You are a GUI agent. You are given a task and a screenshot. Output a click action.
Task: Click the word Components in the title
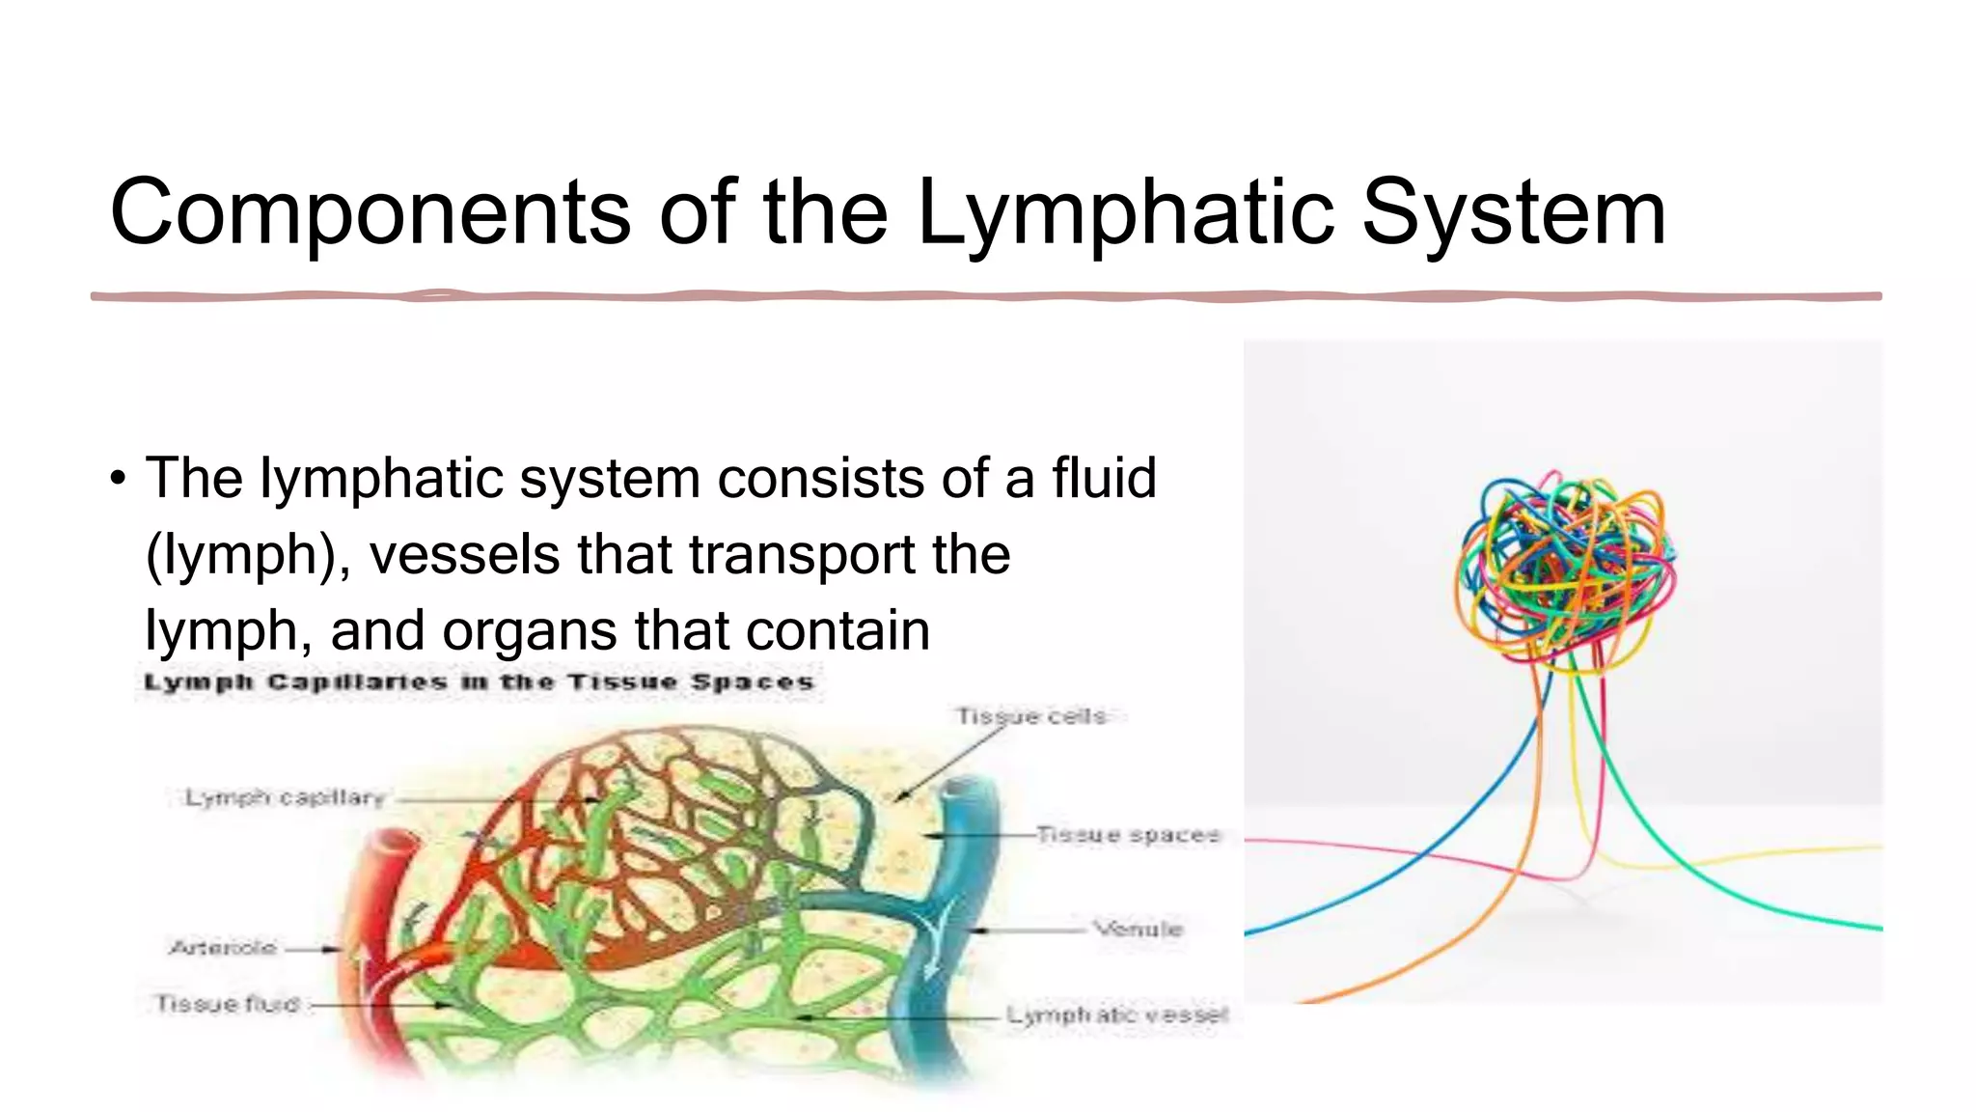370,213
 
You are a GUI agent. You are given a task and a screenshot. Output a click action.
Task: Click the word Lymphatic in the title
1124,213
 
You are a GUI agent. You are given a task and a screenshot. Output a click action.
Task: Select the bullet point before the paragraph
118,479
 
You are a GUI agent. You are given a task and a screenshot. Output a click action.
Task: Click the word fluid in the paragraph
1103,478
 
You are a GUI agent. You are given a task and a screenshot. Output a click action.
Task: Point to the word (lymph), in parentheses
247,556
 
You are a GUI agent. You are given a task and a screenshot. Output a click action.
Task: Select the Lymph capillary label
286,798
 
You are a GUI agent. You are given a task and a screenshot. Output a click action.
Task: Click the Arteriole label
223,948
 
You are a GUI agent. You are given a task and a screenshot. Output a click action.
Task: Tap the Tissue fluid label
228,1004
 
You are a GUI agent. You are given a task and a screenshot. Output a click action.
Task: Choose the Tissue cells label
1030,716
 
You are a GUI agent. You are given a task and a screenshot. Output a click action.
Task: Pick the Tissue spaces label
1128,834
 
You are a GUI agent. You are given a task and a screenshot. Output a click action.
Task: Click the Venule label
1138,929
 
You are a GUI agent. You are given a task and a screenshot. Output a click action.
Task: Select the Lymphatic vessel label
1117,1015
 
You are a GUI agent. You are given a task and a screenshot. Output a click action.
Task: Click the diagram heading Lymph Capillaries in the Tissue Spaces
479,682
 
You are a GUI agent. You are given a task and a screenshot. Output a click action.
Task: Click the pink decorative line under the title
984,296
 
